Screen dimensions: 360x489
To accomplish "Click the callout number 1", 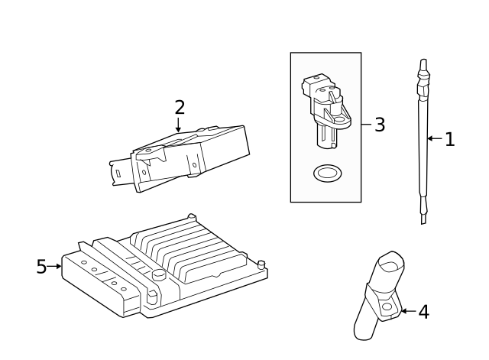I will (x=449, y=139).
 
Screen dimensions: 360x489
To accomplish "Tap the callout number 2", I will (x=180, y=107).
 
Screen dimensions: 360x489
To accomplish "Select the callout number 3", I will (x=380, y=125).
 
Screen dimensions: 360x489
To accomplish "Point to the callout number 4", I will (x=423, y=312).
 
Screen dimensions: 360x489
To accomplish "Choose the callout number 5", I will (x=42, y=267).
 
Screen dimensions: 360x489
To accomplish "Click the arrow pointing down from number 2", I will (x=179, y=125).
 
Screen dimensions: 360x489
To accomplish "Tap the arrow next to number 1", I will (x=434, y=139).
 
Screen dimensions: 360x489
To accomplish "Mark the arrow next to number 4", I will (x=407, y=311).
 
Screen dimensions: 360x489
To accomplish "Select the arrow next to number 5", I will (x=55, y=267).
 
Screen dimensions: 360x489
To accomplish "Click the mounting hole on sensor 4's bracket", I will (x=387, y=307).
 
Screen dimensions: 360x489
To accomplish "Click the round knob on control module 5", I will (x=159, y=274).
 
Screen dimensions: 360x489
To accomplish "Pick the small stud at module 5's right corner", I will (x=261, y=264).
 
